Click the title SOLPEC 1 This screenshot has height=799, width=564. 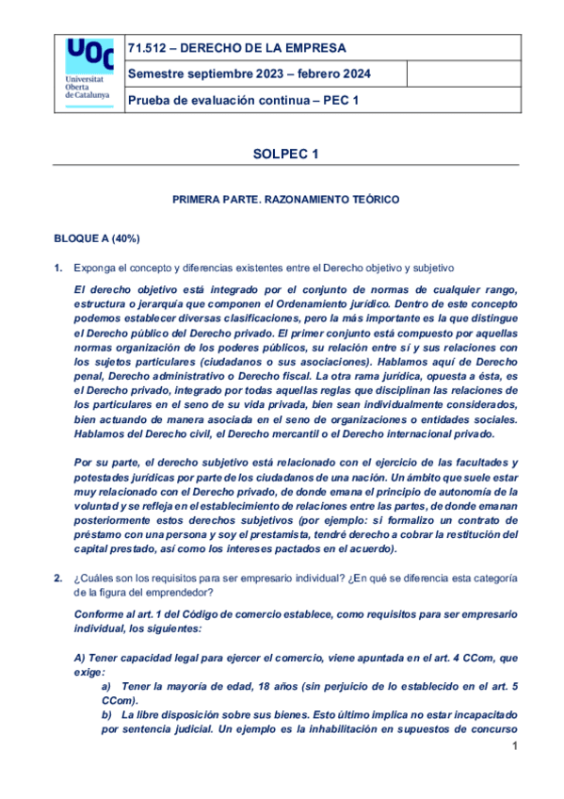click(286, 153)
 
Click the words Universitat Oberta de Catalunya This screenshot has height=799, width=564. click(87, 89)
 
